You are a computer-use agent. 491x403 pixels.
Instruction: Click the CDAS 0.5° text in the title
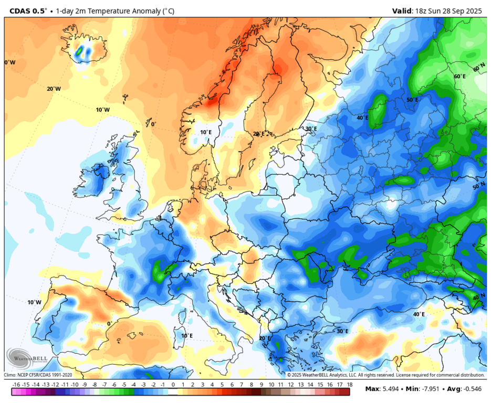pyautogui.click(x=28, y=10)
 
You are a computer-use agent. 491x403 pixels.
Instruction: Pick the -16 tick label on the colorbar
pyautogui.click(x=16, y=385)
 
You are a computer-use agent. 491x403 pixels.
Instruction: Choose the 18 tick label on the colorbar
pyautogui.click(x=349, y=385)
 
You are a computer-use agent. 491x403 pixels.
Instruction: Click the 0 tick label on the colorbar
pyautogui.click(x=173, y=385)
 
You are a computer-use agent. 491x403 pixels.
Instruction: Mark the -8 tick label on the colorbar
pyautogui.click(x=95, y=385)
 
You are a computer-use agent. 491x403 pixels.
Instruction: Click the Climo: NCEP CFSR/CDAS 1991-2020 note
pyautogui.click(x=38, y=375)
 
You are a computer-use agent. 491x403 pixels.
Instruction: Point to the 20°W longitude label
pyautogui.click(x=54, y=89)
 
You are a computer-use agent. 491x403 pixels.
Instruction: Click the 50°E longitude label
pyautogui.click(x=412, y=100)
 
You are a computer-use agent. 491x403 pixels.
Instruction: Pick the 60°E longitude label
pyautogui.click(x=459, y=77)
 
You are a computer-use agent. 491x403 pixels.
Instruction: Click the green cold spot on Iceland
pyautogui.click(x=81, y=51)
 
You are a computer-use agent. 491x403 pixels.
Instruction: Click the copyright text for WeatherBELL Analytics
pyautogui.click(x=385, y=375)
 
